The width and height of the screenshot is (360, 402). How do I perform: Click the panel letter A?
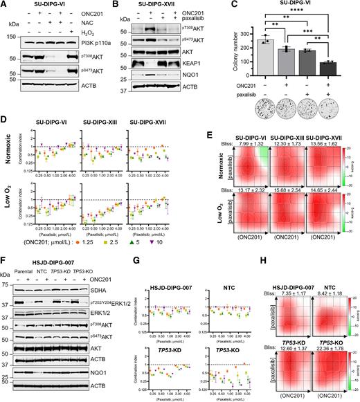pos(5,5)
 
